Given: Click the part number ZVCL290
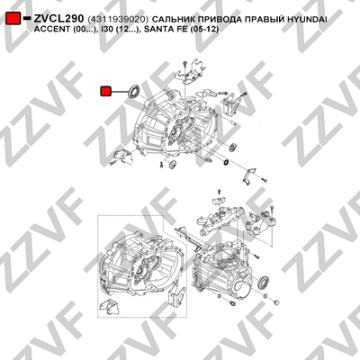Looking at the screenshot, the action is (58, 19).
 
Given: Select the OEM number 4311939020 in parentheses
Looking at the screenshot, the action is (118, 20).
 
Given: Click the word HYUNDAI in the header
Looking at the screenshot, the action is (307, 20).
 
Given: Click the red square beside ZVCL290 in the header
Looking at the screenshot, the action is (13, 18).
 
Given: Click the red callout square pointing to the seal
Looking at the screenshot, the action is (105, 92).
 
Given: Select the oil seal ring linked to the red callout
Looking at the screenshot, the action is (133, 91).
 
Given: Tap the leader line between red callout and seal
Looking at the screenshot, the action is (120, 92).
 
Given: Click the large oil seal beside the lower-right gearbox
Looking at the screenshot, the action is (264, 282).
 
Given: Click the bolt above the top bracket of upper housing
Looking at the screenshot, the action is (184, 64).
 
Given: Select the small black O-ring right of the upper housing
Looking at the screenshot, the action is (226, 162).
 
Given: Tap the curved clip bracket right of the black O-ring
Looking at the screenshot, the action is (249, 175).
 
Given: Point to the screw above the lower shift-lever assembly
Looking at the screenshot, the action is (219, 192).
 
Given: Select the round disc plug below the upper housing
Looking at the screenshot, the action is (173, 165).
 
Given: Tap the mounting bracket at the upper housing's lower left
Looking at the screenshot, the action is (123, 156).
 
